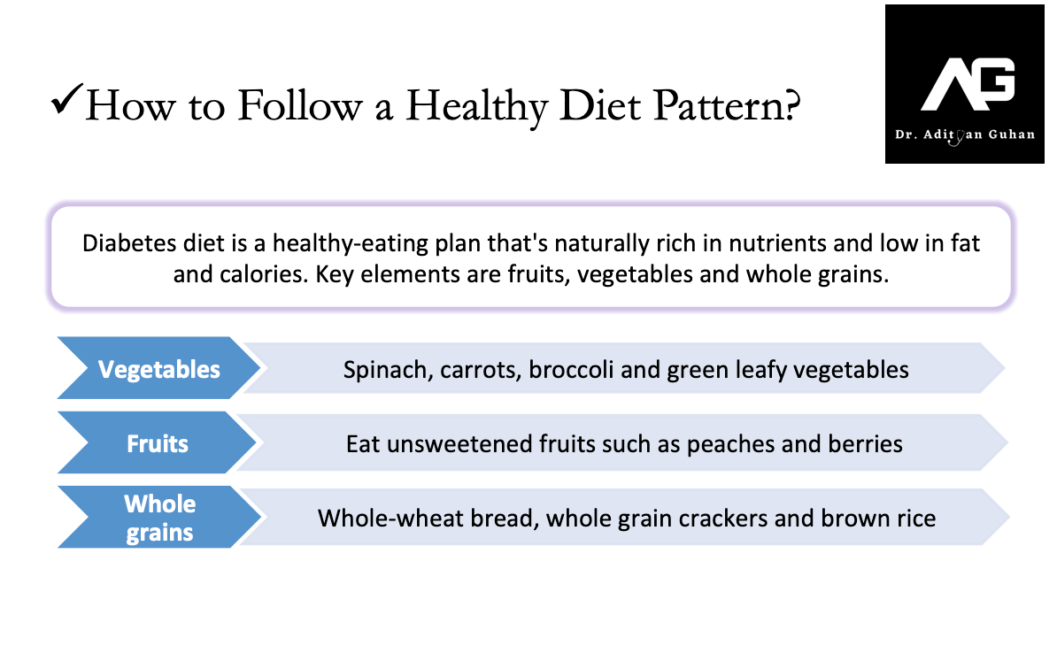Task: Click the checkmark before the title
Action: (x=66, y=99)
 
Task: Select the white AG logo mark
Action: (x=968, y=84)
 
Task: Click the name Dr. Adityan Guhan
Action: (x=965, y=135)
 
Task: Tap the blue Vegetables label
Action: (x=159, y=369)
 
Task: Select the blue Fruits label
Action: (x=158, y=443)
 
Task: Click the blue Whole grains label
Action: (x=159, y=518)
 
